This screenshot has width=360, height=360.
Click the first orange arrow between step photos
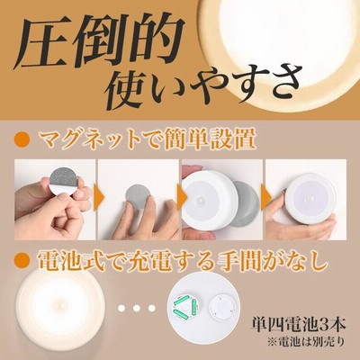tap(100, 197)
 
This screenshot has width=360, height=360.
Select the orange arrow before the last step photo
tap(266, 197)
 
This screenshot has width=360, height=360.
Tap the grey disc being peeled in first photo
tap(63, 182)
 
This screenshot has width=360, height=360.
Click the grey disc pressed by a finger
tap(137, 197)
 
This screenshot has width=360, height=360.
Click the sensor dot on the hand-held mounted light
tap(310, 199)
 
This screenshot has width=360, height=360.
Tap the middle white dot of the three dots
tap(137, 308)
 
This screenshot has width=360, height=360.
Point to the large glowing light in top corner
tap(286, 47)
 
